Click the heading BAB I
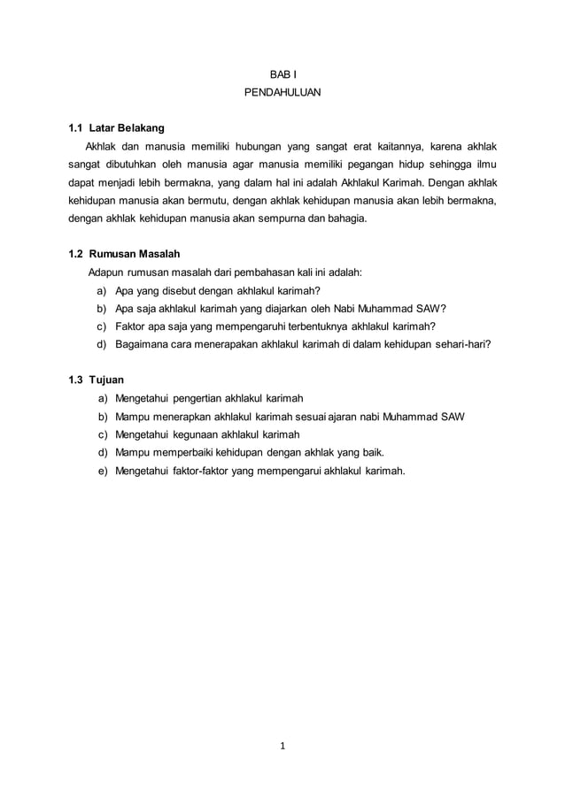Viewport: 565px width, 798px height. click(x=282, y=73)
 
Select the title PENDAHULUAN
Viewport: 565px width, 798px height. click(x=282, y=91)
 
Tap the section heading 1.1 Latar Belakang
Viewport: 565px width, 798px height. click(x=116, y=128)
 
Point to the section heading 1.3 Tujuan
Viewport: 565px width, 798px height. click(x=97, y=380)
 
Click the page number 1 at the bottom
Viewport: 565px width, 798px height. click(x=282, y=744)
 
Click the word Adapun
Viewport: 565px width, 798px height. click(x=105, y=272)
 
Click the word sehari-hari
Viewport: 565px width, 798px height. click(x=461, y=344)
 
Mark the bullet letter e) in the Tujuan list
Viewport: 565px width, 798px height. click(x=103, y=471)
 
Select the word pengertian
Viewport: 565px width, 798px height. click(x=197, y=398)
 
